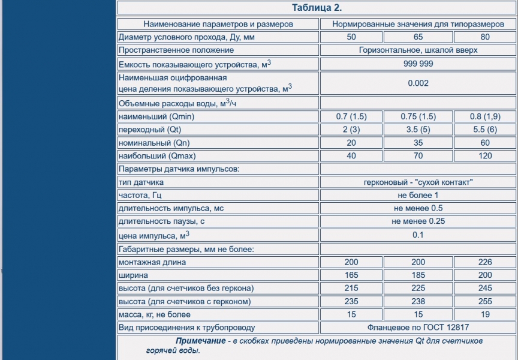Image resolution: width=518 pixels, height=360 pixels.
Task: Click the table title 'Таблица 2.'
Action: [317, 8]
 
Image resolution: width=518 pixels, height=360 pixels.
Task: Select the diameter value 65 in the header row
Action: [418, 37]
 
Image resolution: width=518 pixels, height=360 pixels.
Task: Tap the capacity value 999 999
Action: [418, 64]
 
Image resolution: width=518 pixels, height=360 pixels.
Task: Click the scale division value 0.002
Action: [418, 83]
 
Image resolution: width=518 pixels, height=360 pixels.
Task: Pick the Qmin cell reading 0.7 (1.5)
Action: [351, 116]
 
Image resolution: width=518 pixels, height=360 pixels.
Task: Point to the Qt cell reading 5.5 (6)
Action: [485, 130]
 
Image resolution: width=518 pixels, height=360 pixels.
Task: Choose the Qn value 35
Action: [418, 143]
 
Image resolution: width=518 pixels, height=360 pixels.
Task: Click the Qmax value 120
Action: [485, 156]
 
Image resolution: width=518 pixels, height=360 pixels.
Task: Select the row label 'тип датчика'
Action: [141, 182]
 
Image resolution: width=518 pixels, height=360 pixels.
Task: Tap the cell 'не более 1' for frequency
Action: [418, 195]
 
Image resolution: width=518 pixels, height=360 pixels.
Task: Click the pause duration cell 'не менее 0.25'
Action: [418, 221]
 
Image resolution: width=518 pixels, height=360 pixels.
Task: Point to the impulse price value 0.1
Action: [418, 235]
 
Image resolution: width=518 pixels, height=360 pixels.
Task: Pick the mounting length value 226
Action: [485, 262]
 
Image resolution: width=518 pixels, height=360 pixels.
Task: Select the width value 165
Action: [351, 275]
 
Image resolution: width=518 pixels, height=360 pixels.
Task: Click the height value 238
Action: [418, 301]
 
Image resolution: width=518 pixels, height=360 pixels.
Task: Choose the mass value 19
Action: [485, 314]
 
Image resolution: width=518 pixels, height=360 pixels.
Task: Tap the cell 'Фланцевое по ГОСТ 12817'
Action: [418, 328]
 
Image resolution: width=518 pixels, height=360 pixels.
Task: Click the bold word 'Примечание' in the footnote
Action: [196, 341]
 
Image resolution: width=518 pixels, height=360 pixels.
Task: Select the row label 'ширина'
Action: [134, 275]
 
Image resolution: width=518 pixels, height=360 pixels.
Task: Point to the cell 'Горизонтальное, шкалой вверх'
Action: [418, 50]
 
